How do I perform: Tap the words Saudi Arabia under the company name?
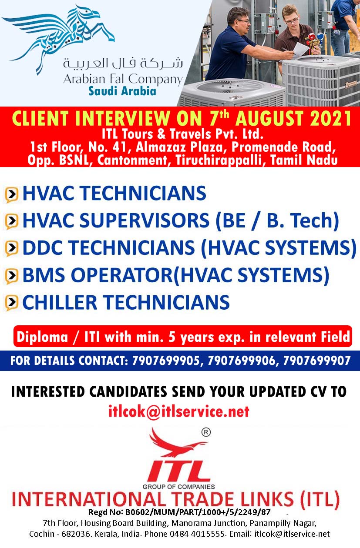pyautogui.click(x=122, y=91)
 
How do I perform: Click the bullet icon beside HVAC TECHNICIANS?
pyautogui.click(x=11, y=194)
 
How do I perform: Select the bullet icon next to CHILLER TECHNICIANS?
pyautogui.click(x=11, y=303)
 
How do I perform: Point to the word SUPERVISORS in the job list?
pyautogui.click(x=145, y=220)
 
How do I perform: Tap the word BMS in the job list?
pyautogui.click(x=44, y=275)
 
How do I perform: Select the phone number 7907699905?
pyautogui.click(x=166, y=361)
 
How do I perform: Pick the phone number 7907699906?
pyautogui.click(x=242, y=361)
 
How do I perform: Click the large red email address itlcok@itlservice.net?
pyautogui.click(x=179, y=411)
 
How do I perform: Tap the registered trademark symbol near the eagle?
pyautogui.click(x=206, y=432)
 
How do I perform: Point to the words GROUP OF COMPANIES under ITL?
pyautogui.click(x=178, y=487)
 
